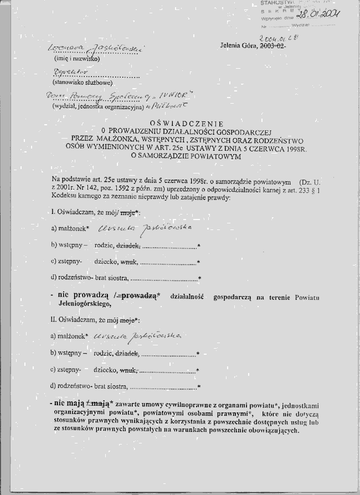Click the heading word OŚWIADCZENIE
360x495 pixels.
coord(186,123)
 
